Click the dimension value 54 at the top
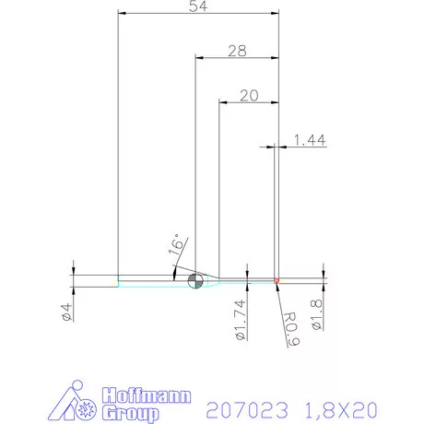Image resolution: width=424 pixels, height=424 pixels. click(x=196, y=7)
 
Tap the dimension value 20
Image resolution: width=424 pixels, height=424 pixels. click(x=247, y=95)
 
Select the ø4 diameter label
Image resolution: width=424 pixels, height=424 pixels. click(x=67, y=312)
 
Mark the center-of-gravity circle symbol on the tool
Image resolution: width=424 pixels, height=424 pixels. click(x=194, y=280)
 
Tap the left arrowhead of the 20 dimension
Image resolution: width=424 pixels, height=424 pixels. click(x=221, y=102)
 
